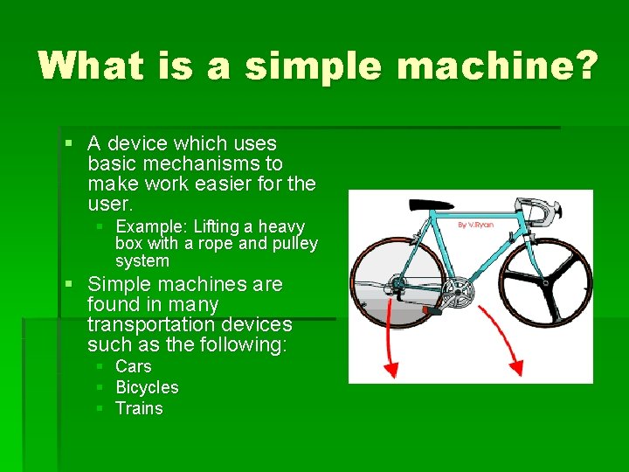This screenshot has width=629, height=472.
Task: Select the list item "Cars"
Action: point(134,366)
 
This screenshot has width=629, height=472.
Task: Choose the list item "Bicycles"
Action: point(147,387)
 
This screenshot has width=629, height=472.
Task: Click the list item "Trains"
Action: point(139,408)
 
